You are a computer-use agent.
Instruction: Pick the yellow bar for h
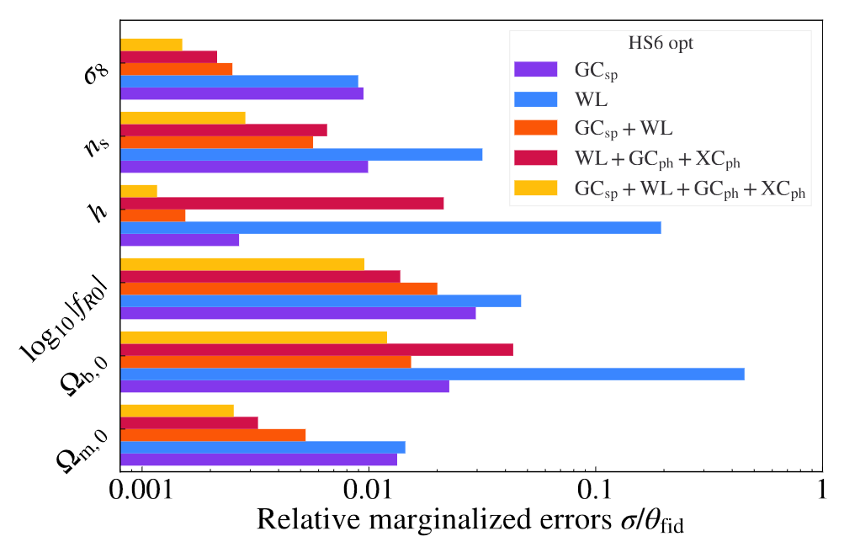coord(139,191)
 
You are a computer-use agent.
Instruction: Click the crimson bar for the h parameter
coord(282,203)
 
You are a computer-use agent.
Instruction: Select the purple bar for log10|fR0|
coord(298,313)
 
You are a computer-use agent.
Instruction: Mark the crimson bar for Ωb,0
coord(316,349)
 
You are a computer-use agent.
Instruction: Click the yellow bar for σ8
coord(151,45)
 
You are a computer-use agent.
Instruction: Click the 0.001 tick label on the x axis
coord(142,489)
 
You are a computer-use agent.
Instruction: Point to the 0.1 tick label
coord(596,489)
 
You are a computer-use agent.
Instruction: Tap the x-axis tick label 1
coord(821,489)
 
